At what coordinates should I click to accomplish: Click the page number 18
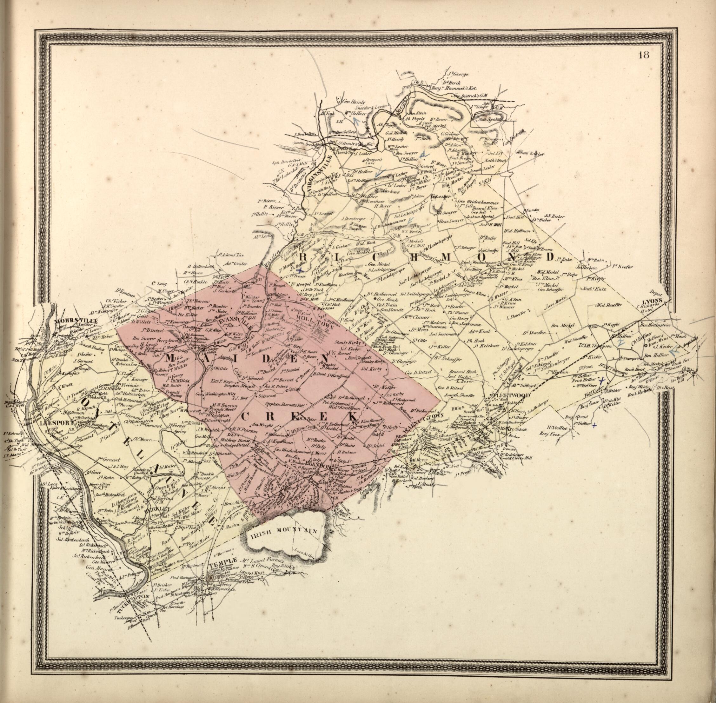click(646, 56)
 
